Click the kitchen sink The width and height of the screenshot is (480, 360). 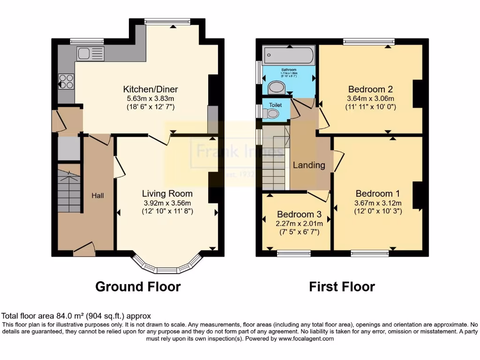(90, 54)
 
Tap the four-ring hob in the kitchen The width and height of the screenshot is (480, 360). (66, 82)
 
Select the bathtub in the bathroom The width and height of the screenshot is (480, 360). (288, 56)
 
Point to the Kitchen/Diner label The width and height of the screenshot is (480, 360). (150, 89)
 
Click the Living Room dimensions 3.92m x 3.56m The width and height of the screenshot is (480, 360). (167, 202)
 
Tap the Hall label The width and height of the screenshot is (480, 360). (97, 195)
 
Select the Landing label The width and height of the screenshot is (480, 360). (309, 165)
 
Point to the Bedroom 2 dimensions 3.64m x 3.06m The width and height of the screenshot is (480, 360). (370, 98)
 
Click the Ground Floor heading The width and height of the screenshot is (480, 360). (138, 286)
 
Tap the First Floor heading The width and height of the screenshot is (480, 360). (342, 286)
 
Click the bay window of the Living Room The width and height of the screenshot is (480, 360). (167, 265)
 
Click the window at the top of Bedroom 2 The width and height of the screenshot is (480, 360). (368, 42)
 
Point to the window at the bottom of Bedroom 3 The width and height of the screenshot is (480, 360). (293, 254)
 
